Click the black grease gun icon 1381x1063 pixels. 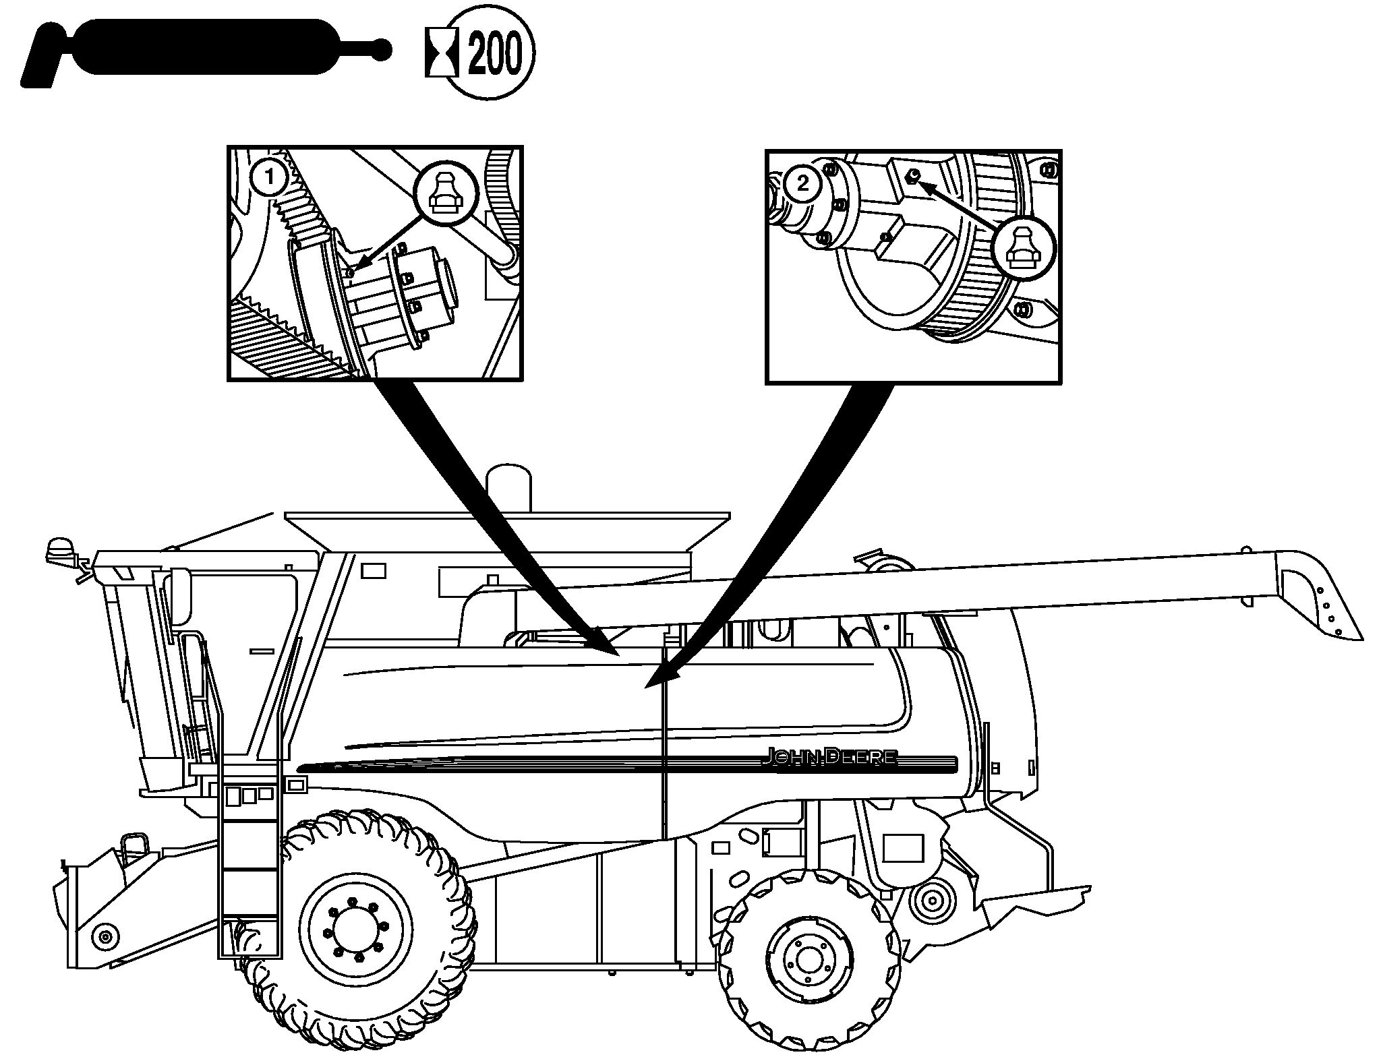coord(202,49)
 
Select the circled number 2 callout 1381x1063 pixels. coord(802,183)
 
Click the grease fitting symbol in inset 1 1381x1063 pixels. coord(443,193)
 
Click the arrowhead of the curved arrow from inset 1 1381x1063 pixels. coord(610,648)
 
